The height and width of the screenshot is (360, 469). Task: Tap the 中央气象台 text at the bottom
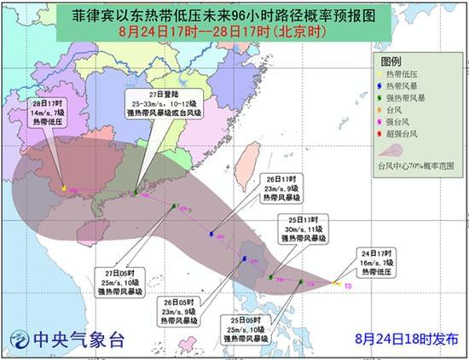[x=78, y=340]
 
